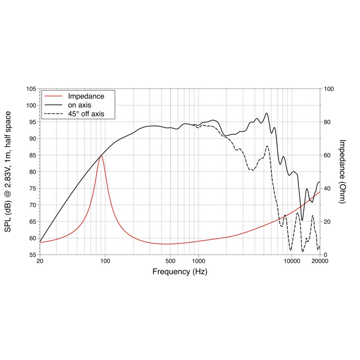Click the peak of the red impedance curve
click(101, 155)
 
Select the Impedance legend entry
click(86, 96)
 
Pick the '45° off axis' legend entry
click(86, 114)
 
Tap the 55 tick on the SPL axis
click(32, 255)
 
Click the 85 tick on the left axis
click(32, 155)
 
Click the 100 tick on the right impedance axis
click(328, 89)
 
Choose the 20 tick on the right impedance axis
click(327, 221)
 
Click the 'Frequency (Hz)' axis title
click(180, 272)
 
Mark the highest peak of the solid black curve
click(267, 113)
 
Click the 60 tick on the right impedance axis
click(327, 155)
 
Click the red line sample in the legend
click(53, 96)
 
